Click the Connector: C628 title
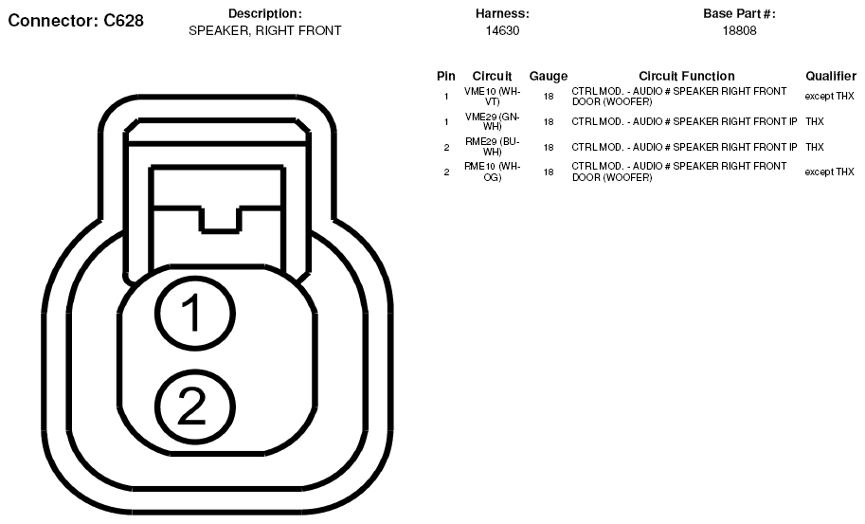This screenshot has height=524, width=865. (x=76, y=21)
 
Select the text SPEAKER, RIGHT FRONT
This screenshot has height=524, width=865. (x=264, y=31)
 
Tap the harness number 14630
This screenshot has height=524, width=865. (x=502, y=31)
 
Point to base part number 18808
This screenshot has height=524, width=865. (x=739, y=31)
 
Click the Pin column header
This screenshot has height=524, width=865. (x=445, y=76)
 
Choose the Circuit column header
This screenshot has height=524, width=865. (x=492, y=76)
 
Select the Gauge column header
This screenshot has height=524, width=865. (x=548, y=76)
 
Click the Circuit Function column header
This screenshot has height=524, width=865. (x=686, y=76)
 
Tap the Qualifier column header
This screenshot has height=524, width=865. (x=831, y=76)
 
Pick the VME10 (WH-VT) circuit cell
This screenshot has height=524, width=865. (x=492, y=97)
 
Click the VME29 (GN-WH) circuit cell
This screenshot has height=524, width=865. (x=492, y=122)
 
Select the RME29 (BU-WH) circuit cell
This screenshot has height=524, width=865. (x=492, y=147)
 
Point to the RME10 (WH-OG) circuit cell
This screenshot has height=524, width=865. (x=492, y=172)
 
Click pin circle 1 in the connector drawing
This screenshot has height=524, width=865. (x=195, y=314)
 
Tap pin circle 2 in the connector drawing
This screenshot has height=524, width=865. (x=195, y=407)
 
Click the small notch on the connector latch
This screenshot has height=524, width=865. (x=220, y=221)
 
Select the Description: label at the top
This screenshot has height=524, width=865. (x=264, y=14)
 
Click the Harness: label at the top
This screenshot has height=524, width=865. (x=502, y=14)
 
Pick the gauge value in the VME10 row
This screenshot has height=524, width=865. (x=548, y=97)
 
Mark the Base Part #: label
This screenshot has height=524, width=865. (x=739, y=14)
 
